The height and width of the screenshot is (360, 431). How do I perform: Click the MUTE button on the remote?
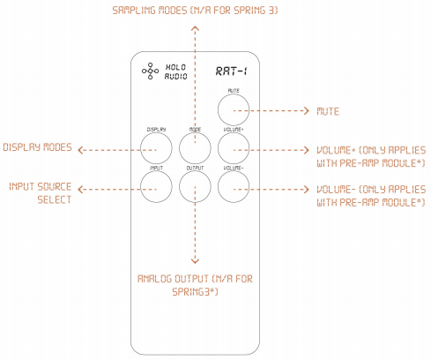(234, 110)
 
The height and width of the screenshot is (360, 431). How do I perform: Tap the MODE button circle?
(195, 148)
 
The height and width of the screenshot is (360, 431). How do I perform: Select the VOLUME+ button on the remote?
(234, 148)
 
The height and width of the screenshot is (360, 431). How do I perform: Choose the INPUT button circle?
(156, 187)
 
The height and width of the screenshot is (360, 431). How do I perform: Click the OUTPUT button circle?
(195, 187)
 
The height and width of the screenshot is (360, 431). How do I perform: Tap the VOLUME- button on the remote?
(234, 187)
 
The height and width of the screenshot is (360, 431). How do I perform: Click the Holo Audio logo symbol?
(151, 71)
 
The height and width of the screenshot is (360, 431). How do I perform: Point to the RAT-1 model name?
(232, 71)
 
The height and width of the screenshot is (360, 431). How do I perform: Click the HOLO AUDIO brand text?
(175, 71)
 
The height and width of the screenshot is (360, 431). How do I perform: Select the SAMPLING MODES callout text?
(195, 11)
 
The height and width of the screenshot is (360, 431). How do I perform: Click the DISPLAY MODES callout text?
(37, 147)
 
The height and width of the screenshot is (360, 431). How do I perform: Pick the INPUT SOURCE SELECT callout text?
(41, 193)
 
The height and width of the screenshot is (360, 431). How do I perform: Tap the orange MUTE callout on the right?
(328, 111)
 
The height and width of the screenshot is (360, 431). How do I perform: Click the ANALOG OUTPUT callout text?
(195, 285)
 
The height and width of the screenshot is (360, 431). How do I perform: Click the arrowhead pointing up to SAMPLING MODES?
(195, 28)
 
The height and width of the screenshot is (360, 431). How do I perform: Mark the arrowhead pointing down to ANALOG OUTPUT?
(195, 261)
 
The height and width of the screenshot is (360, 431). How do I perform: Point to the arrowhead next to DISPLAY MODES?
(80, 150)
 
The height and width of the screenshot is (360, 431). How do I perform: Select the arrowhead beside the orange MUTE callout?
(307, 110)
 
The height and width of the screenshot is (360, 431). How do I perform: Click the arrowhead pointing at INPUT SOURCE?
(80, 189)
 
